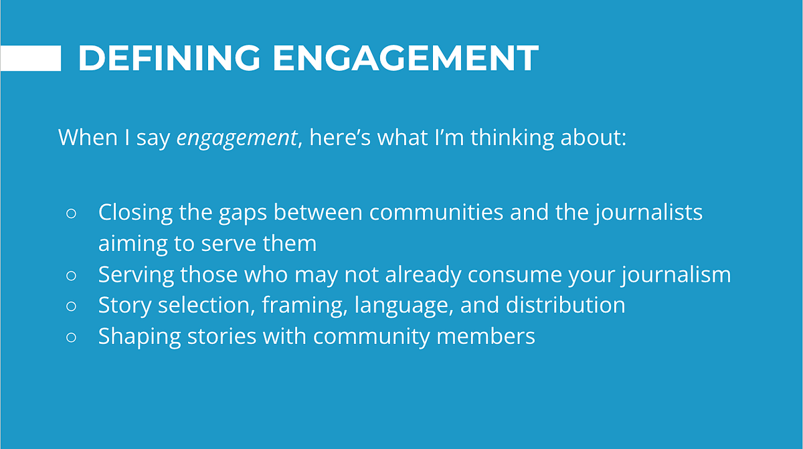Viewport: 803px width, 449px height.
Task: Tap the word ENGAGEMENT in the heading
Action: [x=406, y=59]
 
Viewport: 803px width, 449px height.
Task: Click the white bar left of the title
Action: [x=30, y=59]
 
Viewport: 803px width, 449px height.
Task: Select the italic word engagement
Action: [x=236, y=138]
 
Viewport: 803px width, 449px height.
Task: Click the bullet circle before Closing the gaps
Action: [x=72, y=213]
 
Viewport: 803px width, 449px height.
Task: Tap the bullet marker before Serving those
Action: [x=72, y=275]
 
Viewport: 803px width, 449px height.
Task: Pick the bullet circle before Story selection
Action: [x=72, y=306]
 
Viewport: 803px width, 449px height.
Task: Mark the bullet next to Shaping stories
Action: [x=72, y=337]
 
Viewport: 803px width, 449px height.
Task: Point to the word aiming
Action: [x=133, y=244]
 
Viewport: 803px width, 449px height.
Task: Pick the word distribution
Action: [x=565, y=305]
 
